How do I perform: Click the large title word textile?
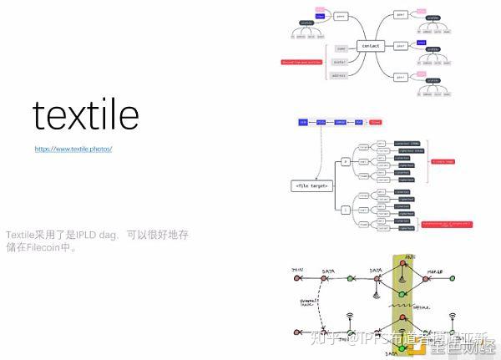(85, 115)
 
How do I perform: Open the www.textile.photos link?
(73, 149)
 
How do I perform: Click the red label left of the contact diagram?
(302, 61)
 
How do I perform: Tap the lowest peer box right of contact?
(401, 76)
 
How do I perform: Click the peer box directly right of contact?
(401, 46)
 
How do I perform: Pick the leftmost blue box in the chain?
(303, 121)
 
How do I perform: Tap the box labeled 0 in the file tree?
(346, 160)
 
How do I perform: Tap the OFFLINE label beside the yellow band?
(421, 308)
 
